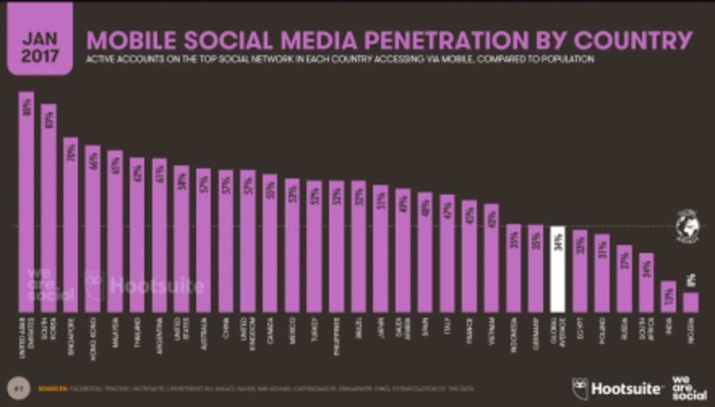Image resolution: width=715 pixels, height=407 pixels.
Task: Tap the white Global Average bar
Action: tap(557, 269)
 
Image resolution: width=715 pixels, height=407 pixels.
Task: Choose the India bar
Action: tap(668, 297)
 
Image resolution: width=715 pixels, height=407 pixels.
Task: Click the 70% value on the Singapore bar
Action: tap(71, 152)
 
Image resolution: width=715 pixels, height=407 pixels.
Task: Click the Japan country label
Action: tap(380, 326)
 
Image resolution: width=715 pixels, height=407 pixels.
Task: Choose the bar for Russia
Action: tap(624, 279)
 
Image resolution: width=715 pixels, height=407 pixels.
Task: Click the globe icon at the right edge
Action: tap(687, 226)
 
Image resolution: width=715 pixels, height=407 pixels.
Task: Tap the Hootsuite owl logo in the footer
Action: tap(580, 388)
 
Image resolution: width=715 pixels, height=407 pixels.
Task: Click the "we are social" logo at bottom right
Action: tap(689, 388)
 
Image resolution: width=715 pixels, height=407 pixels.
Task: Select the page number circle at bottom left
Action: tap(15, 388)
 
